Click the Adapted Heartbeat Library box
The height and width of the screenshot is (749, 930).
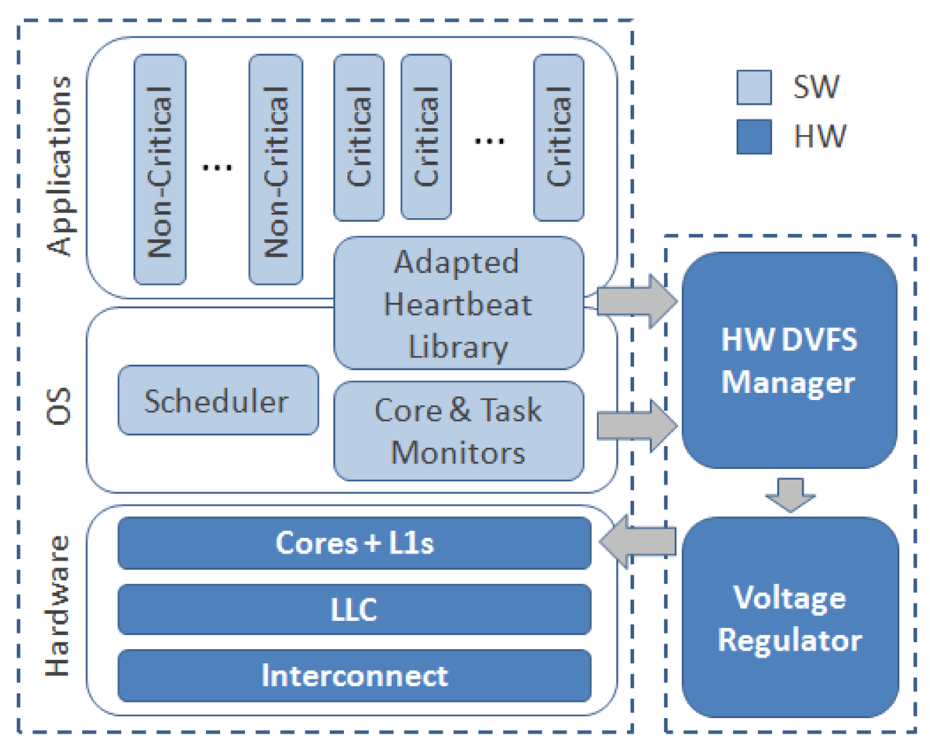(458, 303)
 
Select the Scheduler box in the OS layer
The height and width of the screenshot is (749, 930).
(218, 400)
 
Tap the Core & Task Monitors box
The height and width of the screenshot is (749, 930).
(458, 430)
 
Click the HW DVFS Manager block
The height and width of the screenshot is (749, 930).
(790, 362)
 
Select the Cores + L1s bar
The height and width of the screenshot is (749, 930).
(353, 543)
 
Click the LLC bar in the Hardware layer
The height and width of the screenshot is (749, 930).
(353, 609)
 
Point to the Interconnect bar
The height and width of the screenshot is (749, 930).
(353, 675)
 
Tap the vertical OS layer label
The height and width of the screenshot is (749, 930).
(59, 402)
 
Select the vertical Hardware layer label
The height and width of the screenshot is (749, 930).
(59, 604)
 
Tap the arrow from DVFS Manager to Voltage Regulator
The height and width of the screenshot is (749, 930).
(790, 494)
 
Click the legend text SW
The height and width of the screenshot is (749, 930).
(816, 87)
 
